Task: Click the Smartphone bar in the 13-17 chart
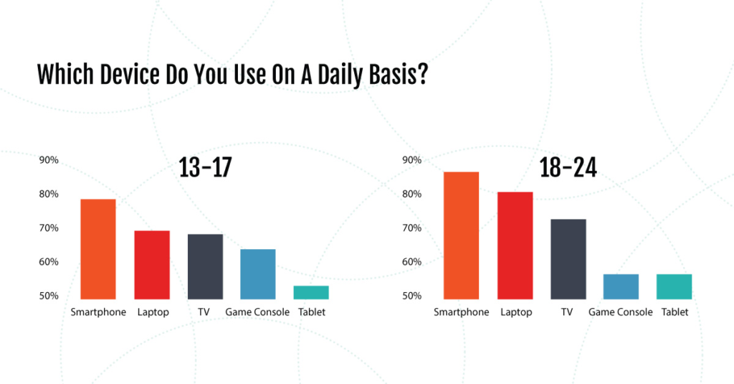click(x=98, y=249)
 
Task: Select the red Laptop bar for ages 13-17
click(x=152, y=265)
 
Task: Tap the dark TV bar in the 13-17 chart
click(x=206, y=267)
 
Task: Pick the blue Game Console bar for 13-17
click(x=258, y=274)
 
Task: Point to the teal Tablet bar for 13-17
click(x=311, y=293)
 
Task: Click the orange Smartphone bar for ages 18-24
click(x=462, y=235)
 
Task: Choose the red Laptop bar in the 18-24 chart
click(x=515, y=245)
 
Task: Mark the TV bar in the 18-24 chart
click(x=568, y=259)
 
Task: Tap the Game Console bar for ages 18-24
click(x=621, y=286)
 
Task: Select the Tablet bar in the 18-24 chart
click(x=675, y=286)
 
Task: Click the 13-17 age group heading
click(x=206, y=167)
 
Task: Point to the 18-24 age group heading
click(x=568, y=167)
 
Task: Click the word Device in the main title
click(x=129, y=75)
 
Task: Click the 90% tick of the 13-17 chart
click(x=49, y=160)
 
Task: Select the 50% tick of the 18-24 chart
click(x=412, y=296)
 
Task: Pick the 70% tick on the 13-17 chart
click(x=49, y=228)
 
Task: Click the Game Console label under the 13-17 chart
click(x=257, y=312)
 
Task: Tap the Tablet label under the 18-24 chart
click(x=675, y=312)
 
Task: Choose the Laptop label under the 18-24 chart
click(x=516, y=312)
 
